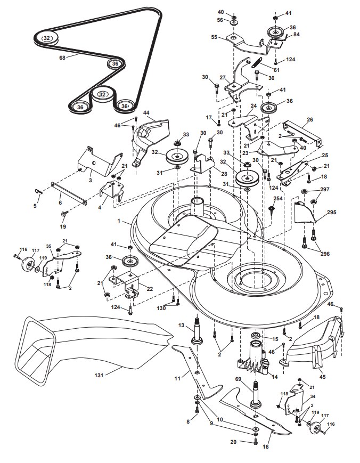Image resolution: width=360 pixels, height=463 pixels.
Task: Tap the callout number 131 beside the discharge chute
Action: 99,375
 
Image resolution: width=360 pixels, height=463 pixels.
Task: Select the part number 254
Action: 277,199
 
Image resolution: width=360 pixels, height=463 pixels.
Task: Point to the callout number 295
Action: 332,212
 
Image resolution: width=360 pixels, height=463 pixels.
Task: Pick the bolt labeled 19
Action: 64,214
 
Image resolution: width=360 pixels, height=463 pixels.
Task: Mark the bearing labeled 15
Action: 256,336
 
